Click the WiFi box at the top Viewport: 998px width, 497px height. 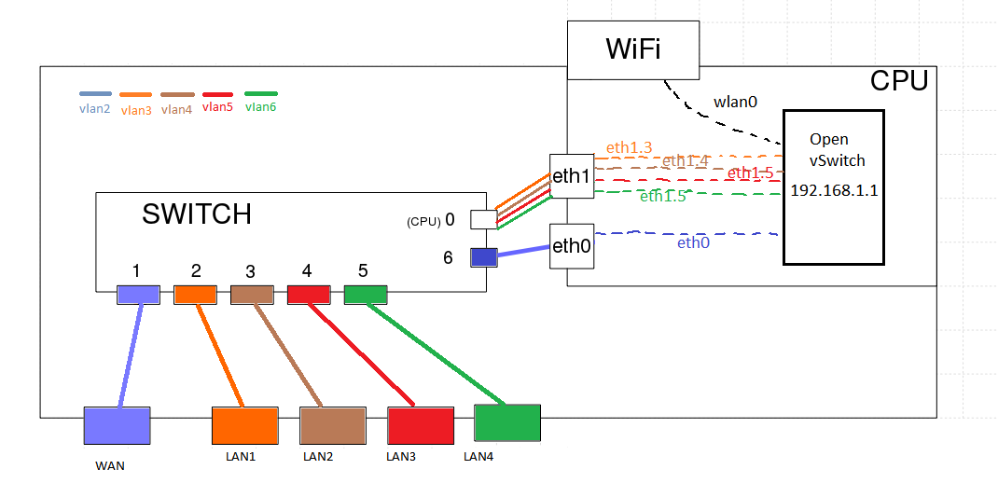click(633, 49)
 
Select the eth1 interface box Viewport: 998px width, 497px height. click(572, 175)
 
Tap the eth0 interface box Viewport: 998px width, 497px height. click(572, 246)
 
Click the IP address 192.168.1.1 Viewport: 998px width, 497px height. click(835, 190)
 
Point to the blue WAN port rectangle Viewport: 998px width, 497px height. click(117, 425)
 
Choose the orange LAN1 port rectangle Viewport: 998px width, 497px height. click(244, 425)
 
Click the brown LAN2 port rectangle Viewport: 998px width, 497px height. click(332, 425)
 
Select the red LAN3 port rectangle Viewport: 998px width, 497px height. click(421, 425)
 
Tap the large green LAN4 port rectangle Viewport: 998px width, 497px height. click(507, 422)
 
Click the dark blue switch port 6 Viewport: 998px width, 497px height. click(483, 256)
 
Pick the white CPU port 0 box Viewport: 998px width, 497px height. click(483, 219)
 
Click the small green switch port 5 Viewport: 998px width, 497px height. click(366, 295)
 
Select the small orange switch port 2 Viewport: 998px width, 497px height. click(195, 295)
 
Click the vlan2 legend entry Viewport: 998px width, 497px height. click(95, 102)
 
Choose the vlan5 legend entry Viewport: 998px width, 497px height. click(218, 102)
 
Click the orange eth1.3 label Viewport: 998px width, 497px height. click(629, 147)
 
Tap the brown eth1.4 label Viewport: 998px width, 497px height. click(686, 161)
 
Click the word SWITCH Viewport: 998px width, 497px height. click(197, 214)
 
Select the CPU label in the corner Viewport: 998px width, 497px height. click(899, 81)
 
